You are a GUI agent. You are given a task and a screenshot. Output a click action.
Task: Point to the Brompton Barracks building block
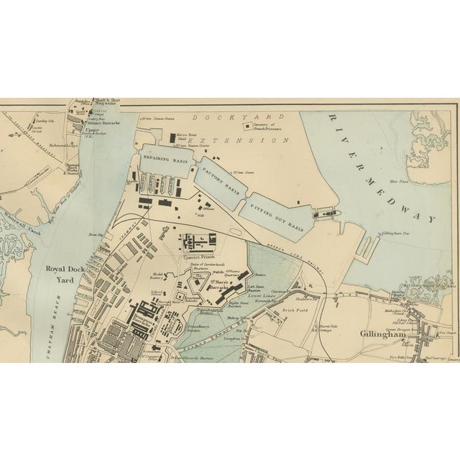[152, 316]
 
